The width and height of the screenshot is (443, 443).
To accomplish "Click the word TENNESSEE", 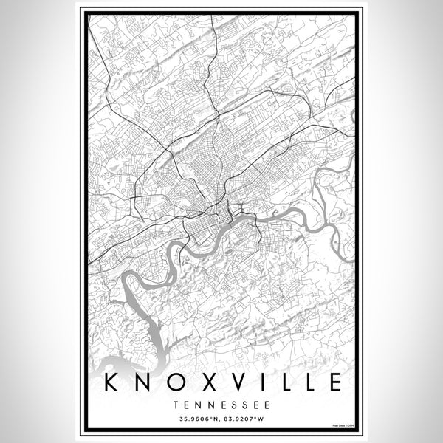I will (x=221, y=405).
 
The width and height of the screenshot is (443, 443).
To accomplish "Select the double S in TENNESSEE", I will (x=236, y=405).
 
